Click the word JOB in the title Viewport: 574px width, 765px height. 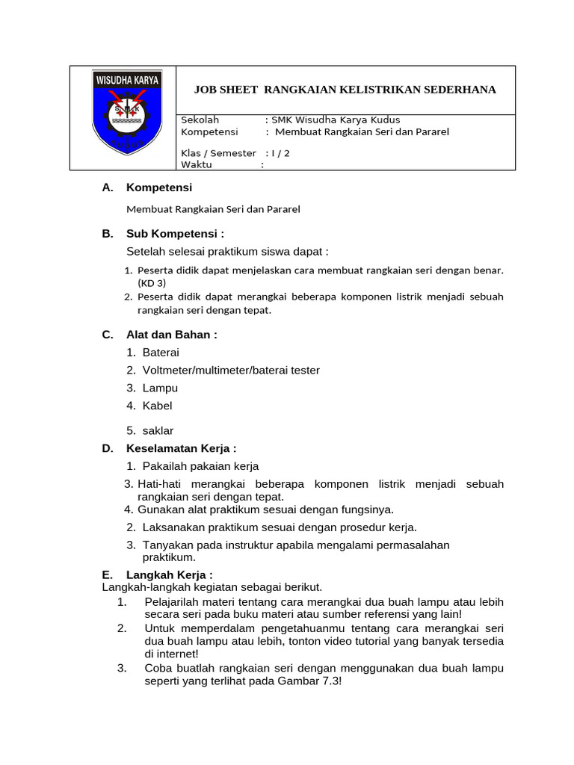coord(206,90)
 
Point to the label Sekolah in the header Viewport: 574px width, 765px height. coord(200,120)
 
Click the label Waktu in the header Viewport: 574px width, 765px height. coord(197,165)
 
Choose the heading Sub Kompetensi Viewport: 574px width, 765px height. coord(175,233)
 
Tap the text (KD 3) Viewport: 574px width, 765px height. coord(152,283)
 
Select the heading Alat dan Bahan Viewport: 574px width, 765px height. coord(171,334)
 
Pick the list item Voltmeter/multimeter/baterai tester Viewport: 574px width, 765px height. coord(231,370)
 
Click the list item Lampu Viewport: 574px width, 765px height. coord(160,388)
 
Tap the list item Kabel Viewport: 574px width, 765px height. coord(157,406)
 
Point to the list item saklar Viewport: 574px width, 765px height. coord(158,430)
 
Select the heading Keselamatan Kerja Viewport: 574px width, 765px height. coord(181,448)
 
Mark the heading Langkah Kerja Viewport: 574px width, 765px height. coord(169,574)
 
